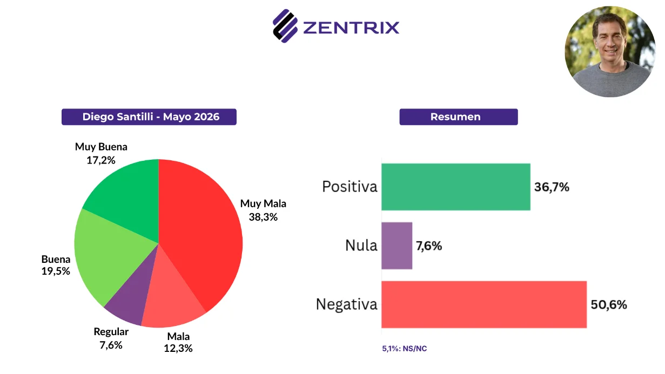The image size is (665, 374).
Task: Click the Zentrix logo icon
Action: [285, 26]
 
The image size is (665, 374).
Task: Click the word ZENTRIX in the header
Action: [351, 28]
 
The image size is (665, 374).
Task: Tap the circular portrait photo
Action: [610, 52]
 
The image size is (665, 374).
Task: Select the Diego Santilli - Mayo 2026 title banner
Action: [149, 117]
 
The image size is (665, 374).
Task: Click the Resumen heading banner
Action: [459, 117]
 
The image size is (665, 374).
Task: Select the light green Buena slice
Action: [110, 255]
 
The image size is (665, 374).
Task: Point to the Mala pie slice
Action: [171, 303]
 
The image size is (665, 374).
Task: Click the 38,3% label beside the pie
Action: [263, 217]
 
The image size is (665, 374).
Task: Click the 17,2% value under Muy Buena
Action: [101, 160]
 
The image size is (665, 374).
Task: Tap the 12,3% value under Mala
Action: [178, 348]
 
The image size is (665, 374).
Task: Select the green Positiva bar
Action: [456, 187]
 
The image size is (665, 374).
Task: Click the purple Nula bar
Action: [397, 246]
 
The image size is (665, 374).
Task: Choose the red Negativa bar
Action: [484, 304]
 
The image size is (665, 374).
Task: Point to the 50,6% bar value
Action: [609, 304]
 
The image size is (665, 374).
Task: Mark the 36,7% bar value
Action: [552, 187]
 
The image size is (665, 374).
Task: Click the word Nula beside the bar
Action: [361, 246]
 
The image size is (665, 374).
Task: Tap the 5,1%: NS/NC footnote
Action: [404, 349]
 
